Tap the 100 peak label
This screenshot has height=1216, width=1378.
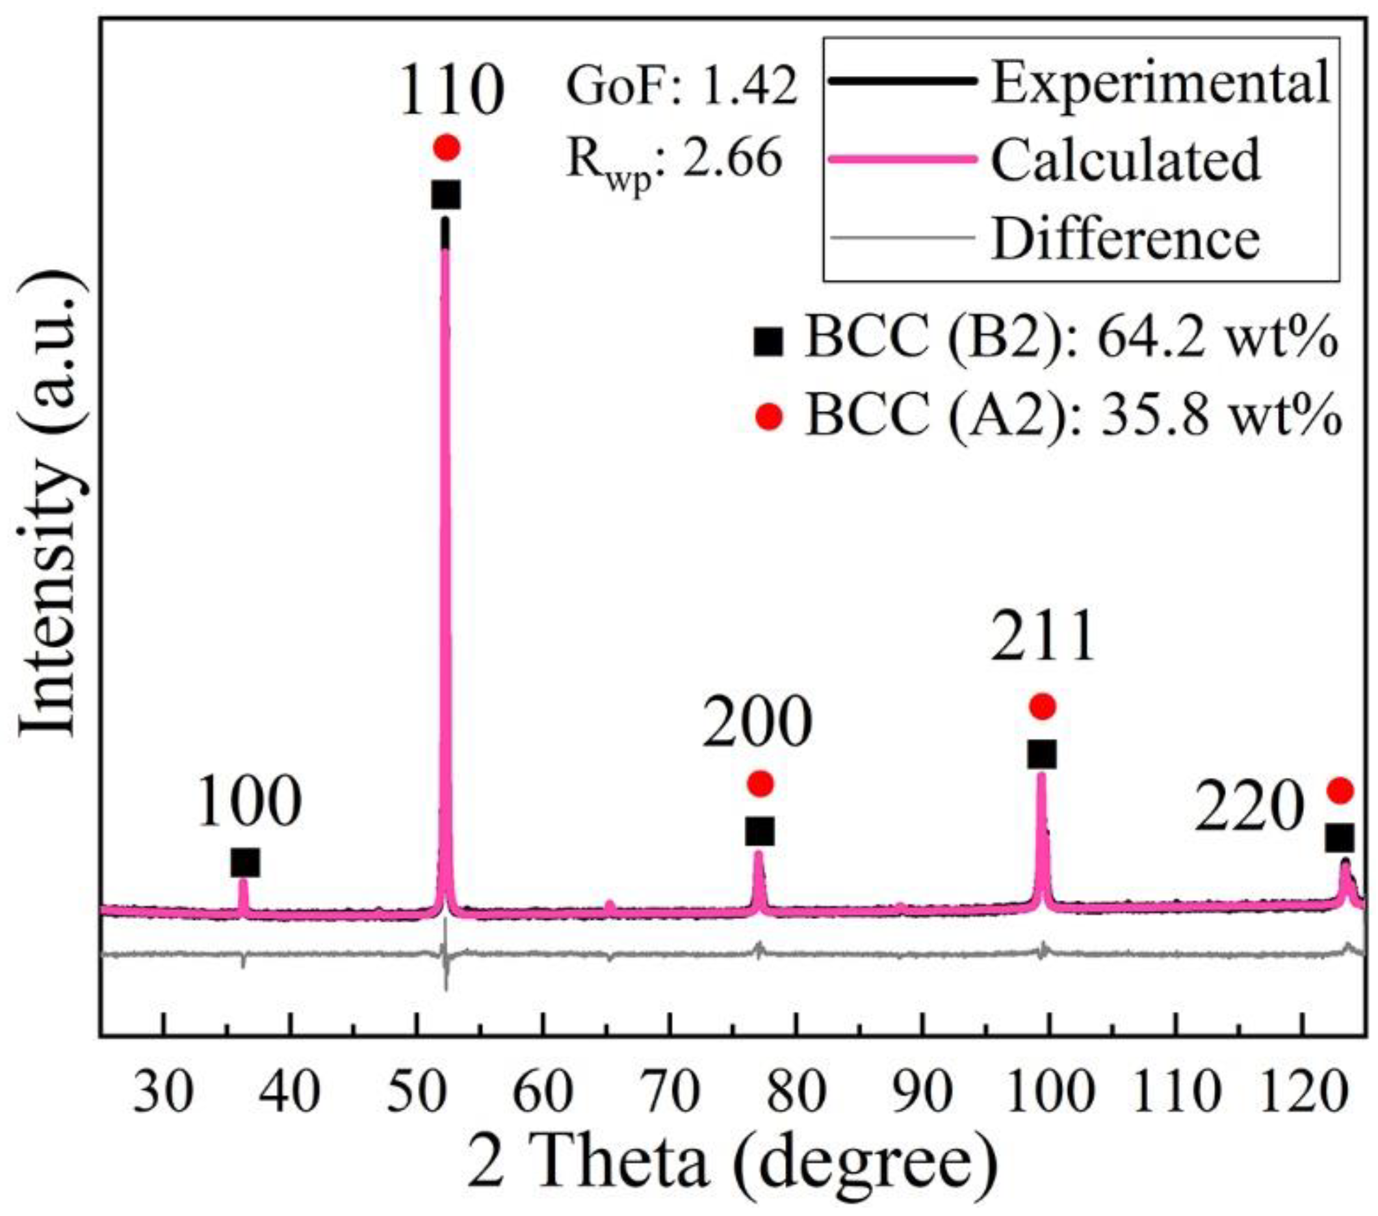click(250, 801)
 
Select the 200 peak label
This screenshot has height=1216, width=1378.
click(757, 723)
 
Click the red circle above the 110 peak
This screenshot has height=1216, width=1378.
click(447, 147)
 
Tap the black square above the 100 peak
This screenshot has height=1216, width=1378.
click(244, 863)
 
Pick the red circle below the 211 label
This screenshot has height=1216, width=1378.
click(1042, 706)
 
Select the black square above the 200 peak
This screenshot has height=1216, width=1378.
click(760, 831)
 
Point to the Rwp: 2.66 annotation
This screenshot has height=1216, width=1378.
click(674, 162)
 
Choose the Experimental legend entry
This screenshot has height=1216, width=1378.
click(1160, 81)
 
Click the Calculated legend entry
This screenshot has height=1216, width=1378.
click(1124, 160)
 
